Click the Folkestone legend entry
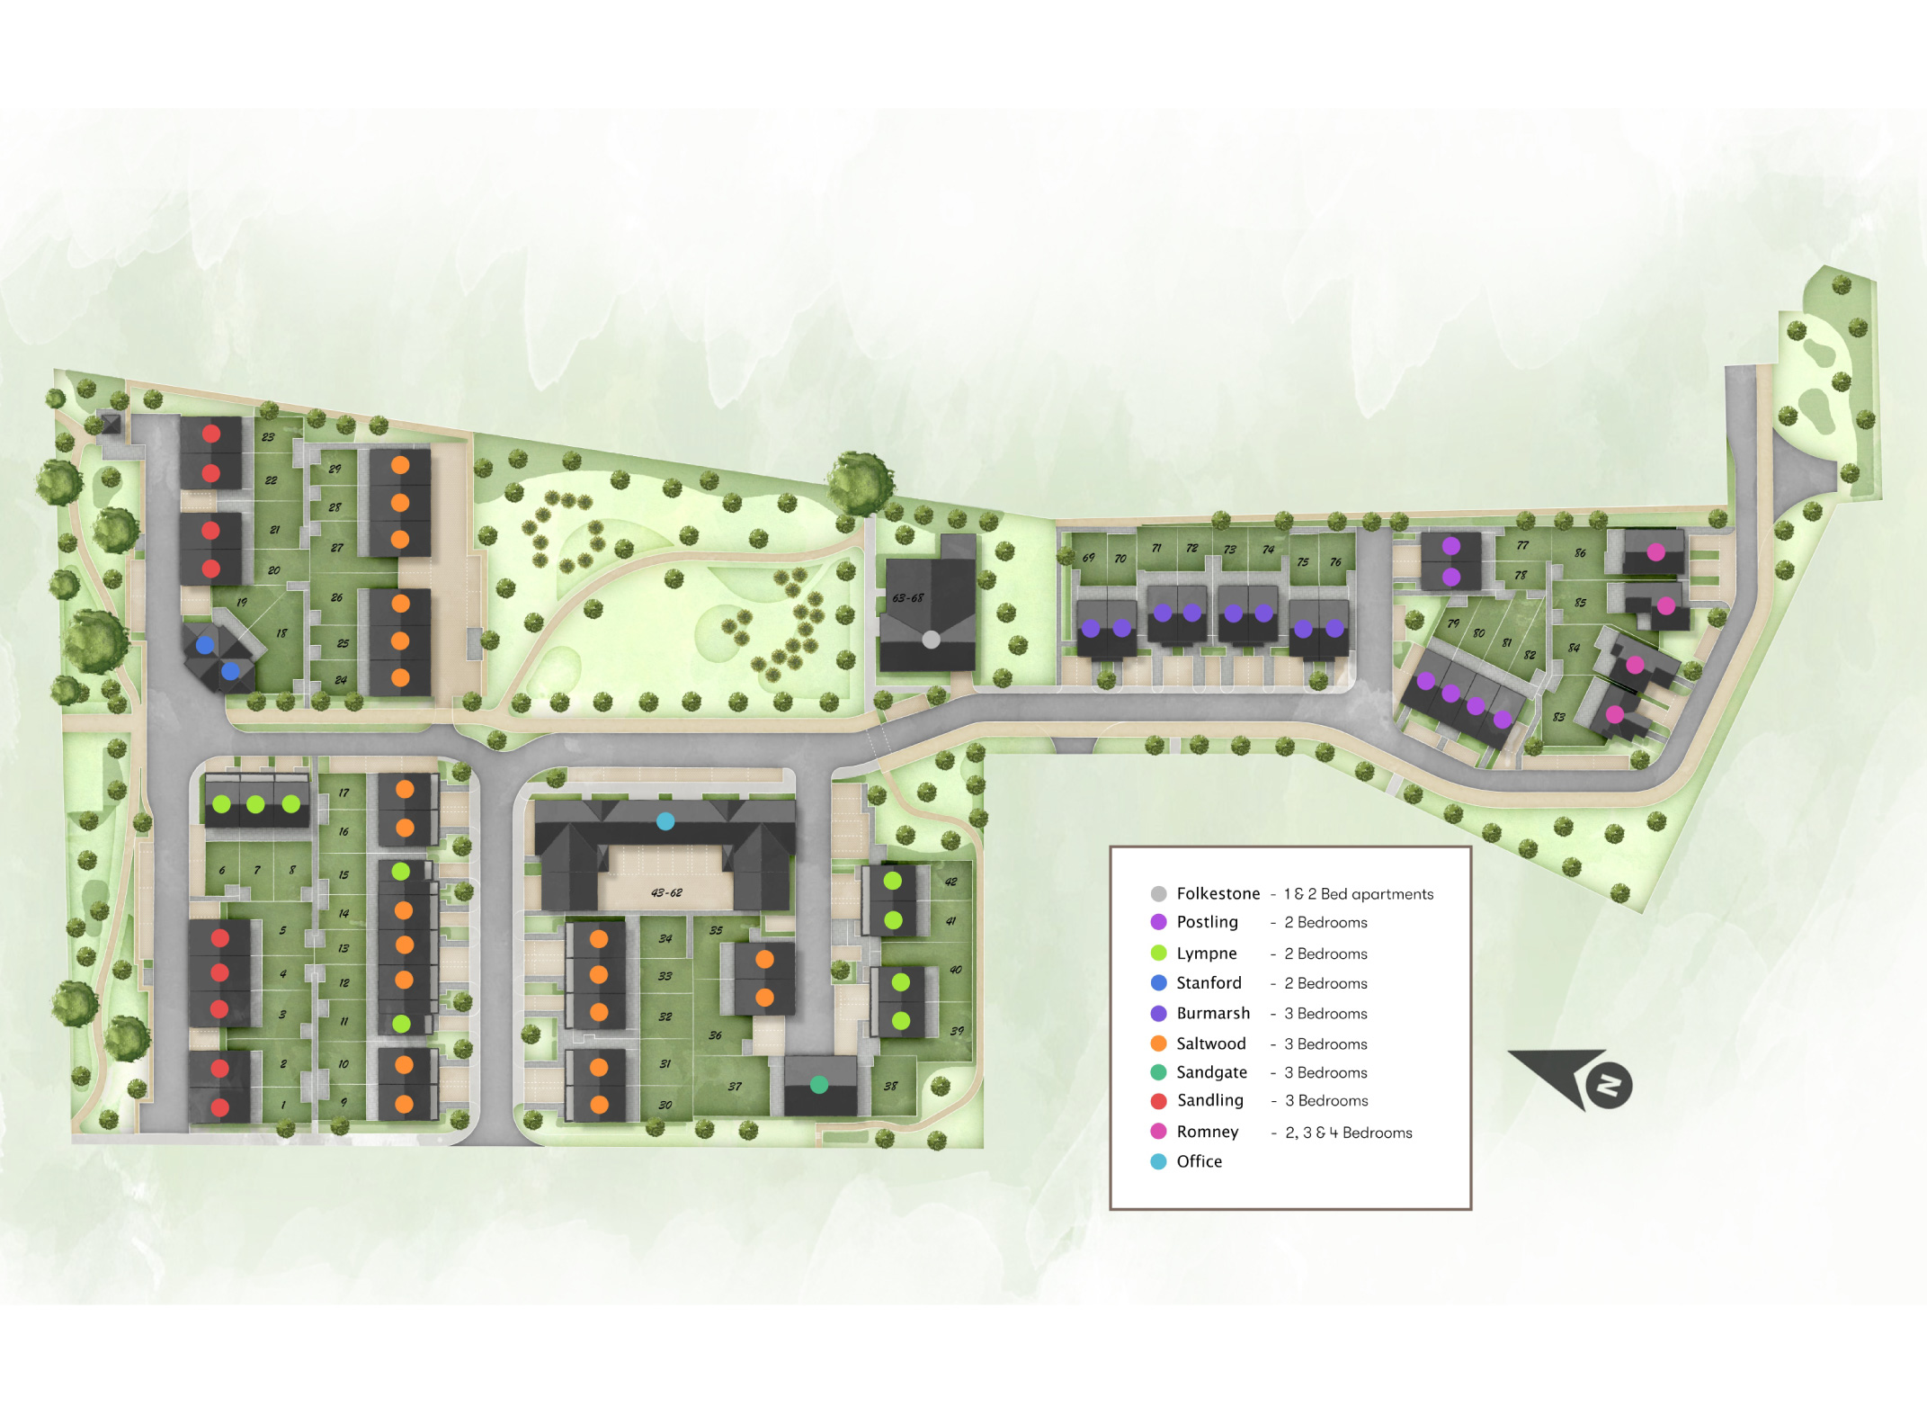click(1218, 893)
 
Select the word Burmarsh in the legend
click(1212, 1013)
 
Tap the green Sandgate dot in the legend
click(1159, 1072)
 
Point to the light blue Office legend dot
click(1159, 1161)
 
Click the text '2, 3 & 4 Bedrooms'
click(1348, 1133)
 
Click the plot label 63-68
click(907, 598)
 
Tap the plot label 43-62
click(666, 893)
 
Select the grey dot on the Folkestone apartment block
click(932, 640)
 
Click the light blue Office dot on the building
click(665, 820)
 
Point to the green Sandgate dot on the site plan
click(819, 1085)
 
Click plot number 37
click(735, 1087)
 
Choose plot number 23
click(268, 437)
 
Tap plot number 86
click(1580, 553)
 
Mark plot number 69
click(1088, 558)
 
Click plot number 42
click(950, 882)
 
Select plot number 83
click(1558, 717)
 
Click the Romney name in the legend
click(1207, 1132)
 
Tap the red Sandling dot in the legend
click(1159, 1100)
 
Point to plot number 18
click(281, 633)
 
